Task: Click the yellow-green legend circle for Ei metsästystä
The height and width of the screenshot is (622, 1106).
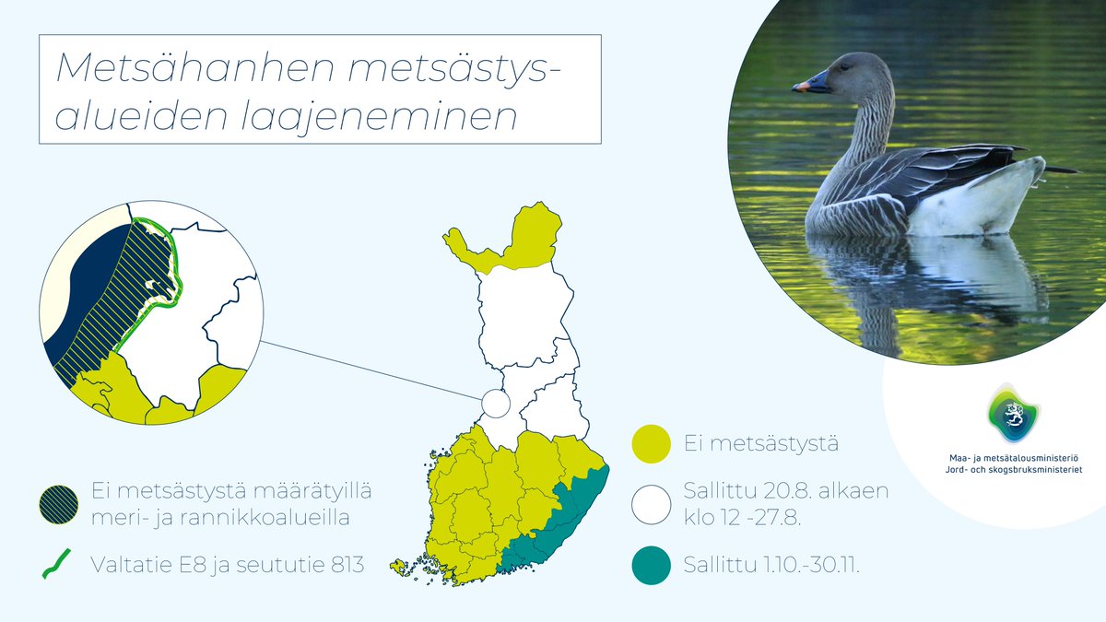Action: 651,444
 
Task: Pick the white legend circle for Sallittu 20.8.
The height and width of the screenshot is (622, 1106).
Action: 651,504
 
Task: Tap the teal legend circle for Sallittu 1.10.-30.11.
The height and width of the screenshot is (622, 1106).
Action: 651,564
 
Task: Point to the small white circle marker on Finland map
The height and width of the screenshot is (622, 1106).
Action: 495,404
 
